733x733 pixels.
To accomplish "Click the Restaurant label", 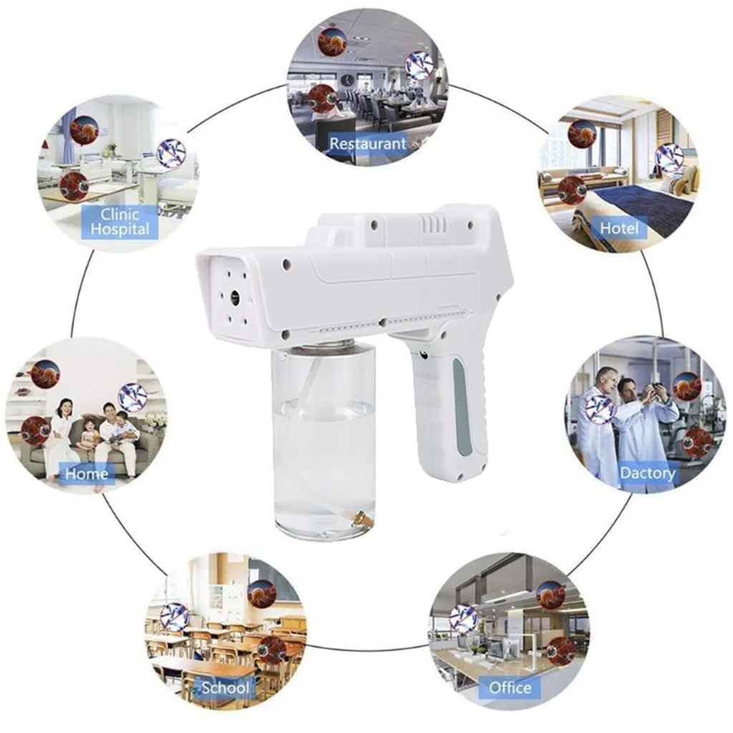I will (367, 143).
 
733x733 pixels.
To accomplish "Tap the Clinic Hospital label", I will (120, 222).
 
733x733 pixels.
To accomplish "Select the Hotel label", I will (619, 228).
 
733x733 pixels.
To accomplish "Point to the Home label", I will (87, 473).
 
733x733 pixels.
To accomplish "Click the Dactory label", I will (647, 473).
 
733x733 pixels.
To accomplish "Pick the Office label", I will (510, 688).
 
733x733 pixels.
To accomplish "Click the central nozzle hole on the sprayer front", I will (234, 295).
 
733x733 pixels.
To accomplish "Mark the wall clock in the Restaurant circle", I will (347, 79).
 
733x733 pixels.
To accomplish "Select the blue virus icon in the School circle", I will (174, 616).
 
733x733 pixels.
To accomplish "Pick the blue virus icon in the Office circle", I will (463, 618).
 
